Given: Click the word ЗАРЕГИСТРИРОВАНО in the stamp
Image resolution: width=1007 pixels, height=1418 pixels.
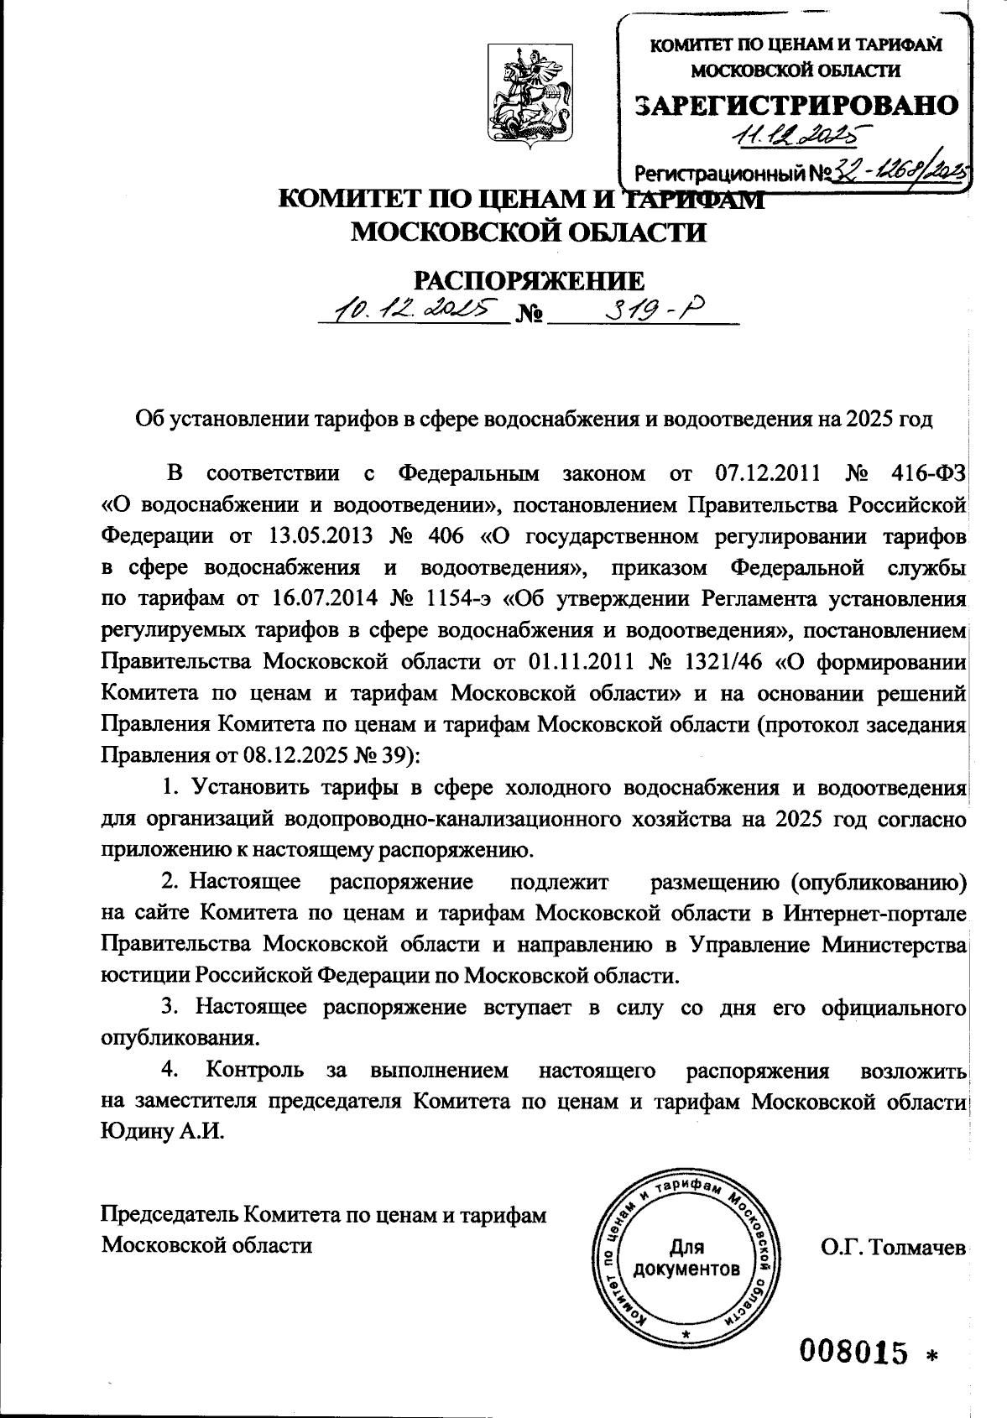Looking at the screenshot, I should (795, 104).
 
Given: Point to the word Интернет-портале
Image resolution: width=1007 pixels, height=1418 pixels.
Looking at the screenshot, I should (876, 912).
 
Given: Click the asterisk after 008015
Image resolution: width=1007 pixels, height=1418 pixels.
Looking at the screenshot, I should (931, 1354).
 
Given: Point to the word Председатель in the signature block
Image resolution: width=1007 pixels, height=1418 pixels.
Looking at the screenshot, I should (169, 1214).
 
